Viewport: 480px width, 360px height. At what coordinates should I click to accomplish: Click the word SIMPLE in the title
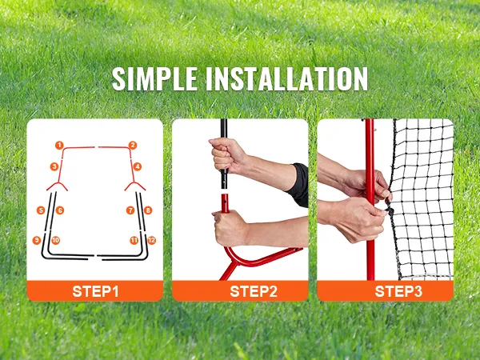(x=154, y=79)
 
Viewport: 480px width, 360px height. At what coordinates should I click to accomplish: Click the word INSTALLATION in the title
(x=286, y=79)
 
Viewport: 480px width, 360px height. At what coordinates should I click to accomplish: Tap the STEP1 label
(x=95, y=291)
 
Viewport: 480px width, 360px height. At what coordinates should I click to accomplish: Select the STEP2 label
(x=254, y=291)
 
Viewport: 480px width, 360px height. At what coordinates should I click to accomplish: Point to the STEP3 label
(x=398, y=291)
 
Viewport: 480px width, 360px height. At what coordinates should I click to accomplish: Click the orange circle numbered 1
(x=59, y=145)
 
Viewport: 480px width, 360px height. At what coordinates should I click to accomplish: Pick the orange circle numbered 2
(x=132, y=145)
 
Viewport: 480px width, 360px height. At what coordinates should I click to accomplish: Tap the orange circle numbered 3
(x=54, y=166)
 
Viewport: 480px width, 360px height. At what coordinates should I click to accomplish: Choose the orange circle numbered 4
(x=137, y=166)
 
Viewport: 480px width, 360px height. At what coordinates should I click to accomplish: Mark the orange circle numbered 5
(x=41, y=210)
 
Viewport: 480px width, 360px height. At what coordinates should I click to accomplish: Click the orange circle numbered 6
(x=60, y=210)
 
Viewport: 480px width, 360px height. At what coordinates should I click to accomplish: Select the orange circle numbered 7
(x=130, y=210)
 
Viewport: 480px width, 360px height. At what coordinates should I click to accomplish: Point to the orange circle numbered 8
(x=148, y=210)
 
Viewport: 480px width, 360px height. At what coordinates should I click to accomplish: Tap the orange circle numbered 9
(x=37, y=240)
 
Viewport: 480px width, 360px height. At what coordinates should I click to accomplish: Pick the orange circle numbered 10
(x=55, y=240)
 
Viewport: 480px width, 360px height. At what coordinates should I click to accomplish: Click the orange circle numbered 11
(x=134, y=240)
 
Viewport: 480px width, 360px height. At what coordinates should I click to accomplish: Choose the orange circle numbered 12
(x=151, y=240)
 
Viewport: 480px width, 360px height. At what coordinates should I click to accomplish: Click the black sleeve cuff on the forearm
(x=298, y=185)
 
